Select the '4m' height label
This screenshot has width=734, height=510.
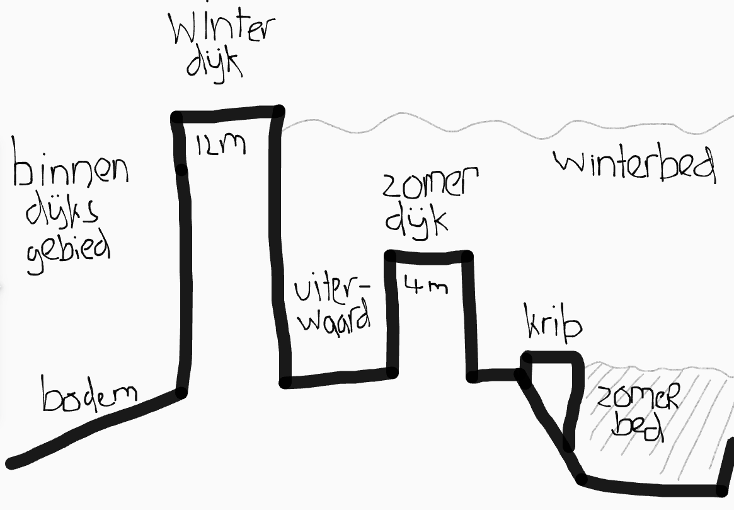pyautogui.click(x=425, y=284)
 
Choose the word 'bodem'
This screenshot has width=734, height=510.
pyautogui.click(x=89, y=393)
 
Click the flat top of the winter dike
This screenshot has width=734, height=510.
pyautogui.click(x=227, y=114)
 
